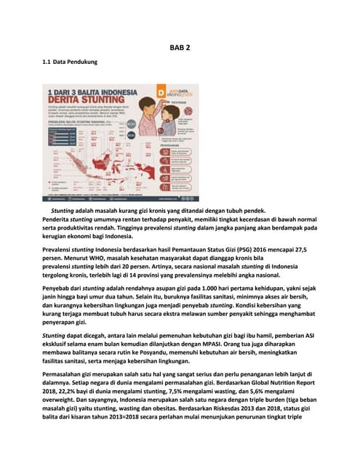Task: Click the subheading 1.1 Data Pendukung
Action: [x=69, y=62]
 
